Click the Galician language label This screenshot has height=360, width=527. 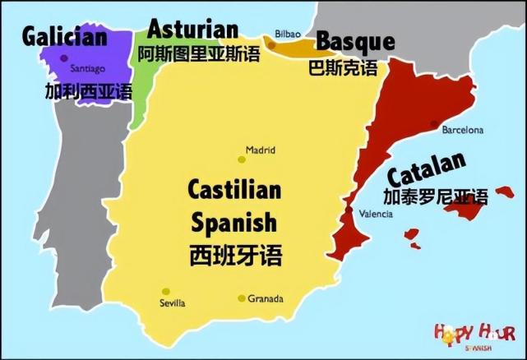pos(65,37)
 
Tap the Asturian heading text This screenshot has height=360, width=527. pos(192,29)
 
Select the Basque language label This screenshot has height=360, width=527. pos(355,41)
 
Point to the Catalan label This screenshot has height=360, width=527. pos(426,169)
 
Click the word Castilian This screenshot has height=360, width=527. pos(234,190)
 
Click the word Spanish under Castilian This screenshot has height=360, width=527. pos(234,222)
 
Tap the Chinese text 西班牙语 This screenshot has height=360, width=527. pos(234,254)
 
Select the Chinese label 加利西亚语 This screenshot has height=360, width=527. pos(88,90)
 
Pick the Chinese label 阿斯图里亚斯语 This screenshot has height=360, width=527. pos(198,54)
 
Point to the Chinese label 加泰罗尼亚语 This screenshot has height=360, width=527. pos(435,196)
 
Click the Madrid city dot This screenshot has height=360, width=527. pos(241,159)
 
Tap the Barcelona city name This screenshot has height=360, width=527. pos(463,130)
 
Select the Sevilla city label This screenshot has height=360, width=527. pos(173,303)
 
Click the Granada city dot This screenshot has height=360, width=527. pos(241,298)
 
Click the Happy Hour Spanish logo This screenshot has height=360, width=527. pos(475,336)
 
